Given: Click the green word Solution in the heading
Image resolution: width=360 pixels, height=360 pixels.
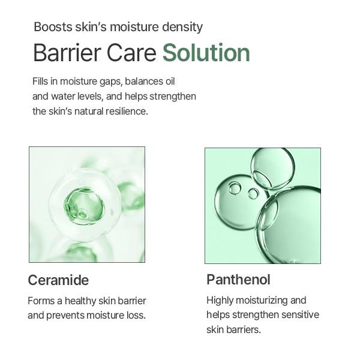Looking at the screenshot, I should pos(206,53).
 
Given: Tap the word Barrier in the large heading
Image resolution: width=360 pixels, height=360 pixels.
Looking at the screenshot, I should pos(60,53).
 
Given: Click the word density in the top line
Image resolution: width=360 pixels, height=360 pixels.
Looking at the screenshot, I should pos(184,27).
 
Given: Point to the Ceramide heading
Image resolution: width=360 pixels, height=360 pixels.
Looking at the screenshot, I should pos(58,280).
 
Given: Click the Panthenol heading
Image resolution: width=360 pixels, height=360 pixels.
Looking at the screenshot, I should pos(238,280).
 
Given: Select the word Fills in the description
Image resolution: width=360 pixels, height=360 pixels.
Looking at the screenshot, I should pos(40,81).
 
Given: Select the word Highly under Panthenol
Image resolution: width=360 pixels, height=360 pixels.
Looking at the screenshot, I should pos(221,300).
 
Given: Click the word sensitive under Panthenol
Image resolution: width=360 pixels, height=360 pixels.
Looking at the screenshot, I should pos(297,315).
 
